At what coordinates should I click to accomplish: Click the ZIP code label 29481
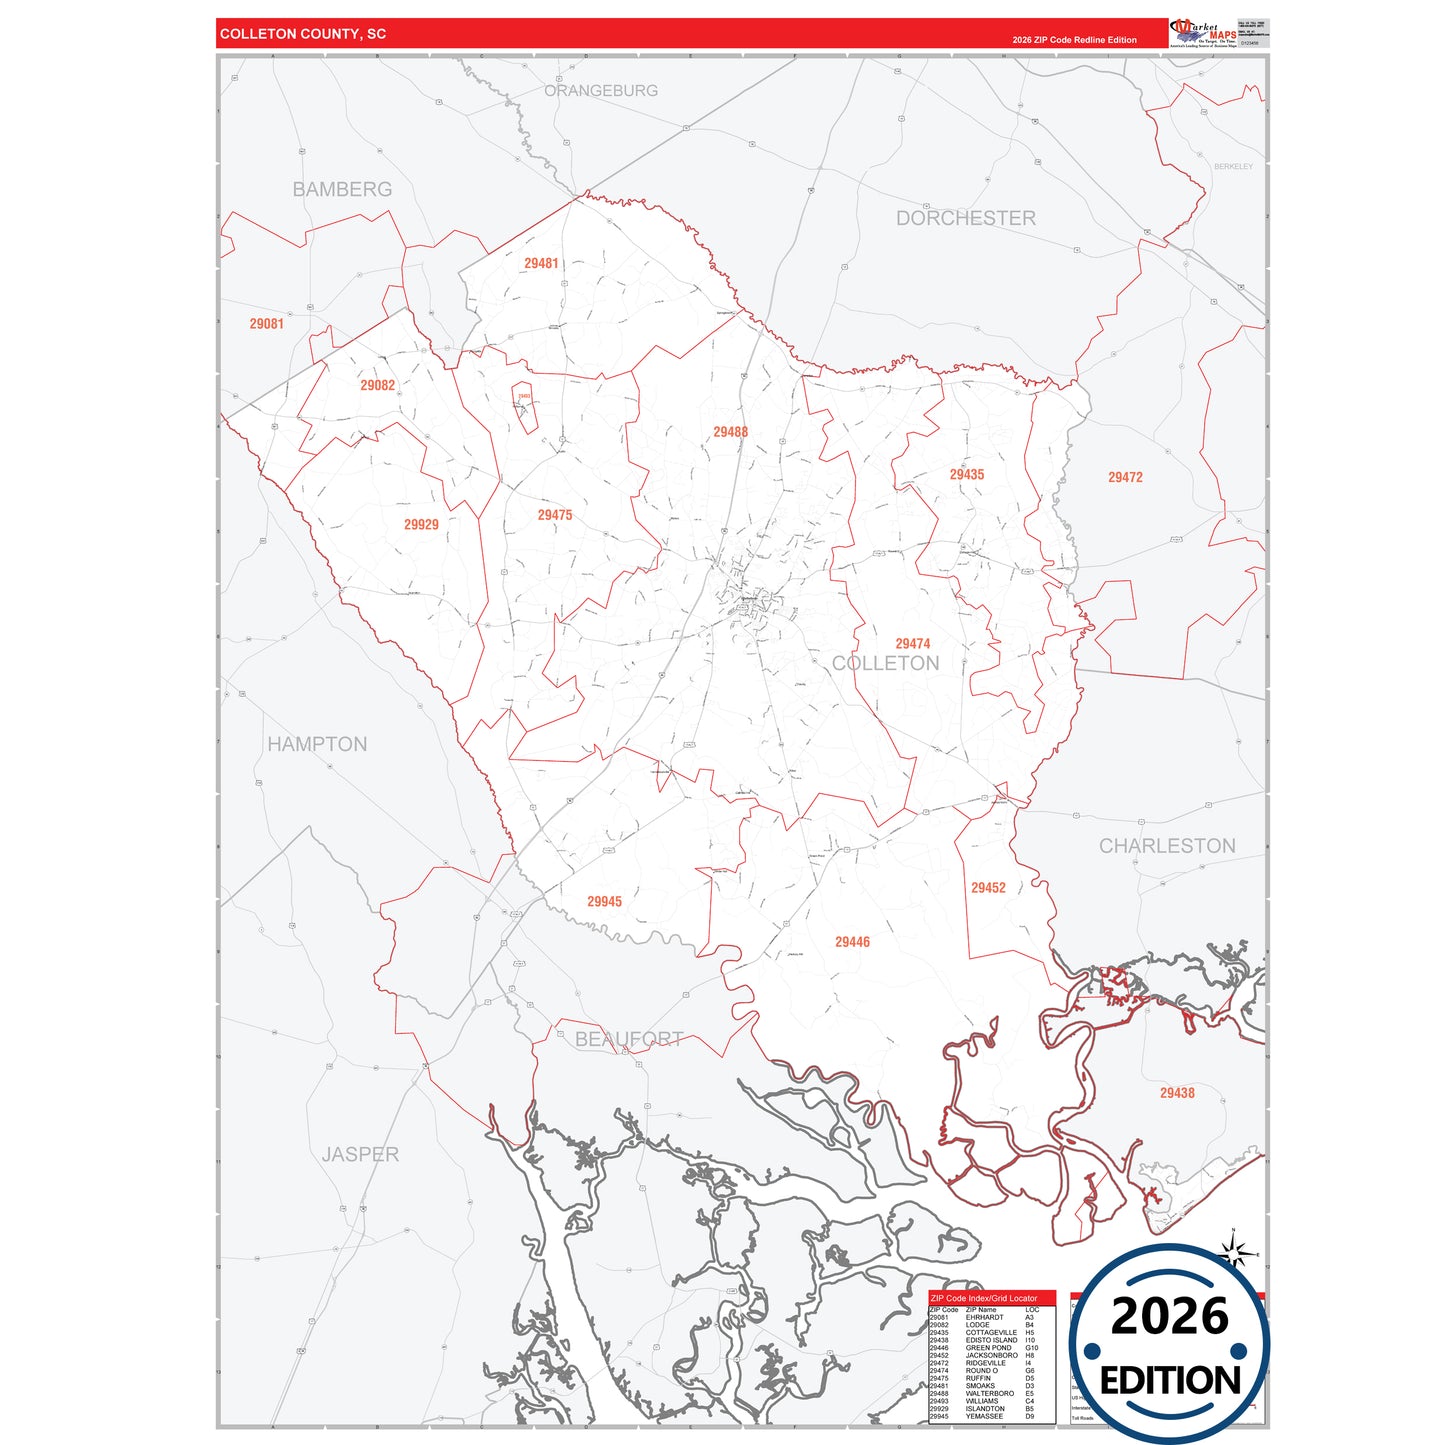click(541, 263)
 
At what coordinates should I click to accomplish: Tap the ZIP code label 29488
click(730, 432)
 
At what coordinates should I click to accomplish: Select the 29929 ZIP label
click(421, 524)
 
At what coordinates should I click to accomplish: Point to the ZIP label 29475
click(555, 515)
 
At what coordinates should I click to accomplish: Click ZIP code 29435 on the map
click(966, 474)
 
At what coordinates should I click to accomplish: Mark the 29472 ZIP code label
click(1125, 477)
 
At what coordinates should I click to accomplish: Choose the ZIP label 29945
click(604, 901)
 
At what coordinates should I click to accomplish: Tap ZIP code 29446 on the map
click(852, 941)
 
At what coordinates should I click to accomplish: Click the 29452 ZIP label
click(988, 887)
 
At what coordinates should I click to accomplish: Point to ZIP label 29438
click(1177, 1093)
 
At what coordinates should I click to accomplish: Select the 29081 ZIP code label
click(266, 324)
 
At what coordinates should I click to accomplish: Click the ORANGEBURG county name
click(601, 90)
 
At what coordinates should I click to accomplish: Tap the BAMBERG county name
click(342, 189)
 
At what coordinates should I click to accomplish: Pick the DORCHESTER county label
click(965, 218)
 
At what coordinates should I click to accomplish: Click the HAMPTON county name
click(317, 744)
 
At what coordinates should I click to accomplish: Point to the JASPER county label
click(360, 1154)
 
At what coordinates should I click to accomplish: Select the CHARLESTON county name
click(1167, 846)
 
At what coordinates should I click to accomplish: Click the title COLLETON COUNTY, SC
click(303, 34)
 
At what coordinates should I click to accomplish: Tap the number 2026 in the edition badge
click(1169, 1316)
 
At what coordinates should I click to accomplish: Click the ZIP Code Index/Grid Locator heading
click(984, 1298)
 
